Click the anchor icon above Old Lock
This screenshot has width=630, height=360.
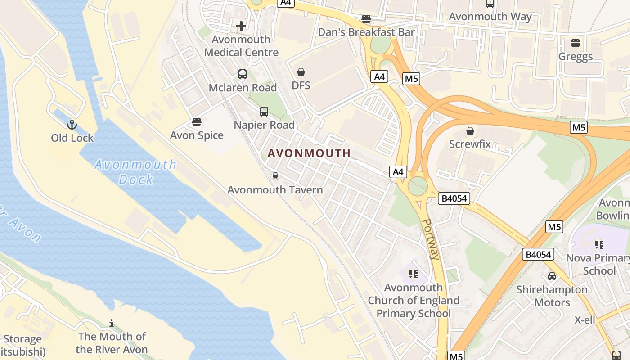[72, 125]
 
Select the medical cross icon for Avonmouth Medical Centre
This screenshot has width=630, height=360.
[241, 26]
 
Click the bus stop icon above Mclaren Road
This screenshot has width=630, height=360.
[243, 74]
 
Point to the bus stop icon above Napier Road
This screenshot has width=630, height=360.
[264, 112]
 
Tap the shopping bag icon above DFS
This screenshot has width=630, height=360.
[301, 72]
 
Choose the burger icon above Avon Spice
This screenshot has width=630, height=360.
[197, 122]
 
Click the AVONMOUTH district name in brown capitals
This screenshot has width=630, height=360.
[309, 153]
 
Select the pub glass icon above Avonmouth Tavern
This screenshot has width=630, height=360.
[275, 176]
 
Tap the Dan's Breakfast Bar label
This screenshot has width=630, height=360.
[366, 32]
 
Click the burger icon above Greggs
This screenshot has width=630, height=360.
[576, 43]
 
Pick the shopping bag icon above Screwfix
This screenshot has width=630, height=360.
[470, 131]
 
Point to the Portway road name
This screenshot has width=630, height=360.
[431, 239]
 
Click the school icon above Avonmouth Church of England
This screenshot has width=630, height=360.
[414, 274]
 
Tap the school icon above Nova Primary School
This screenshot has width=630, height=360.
[599, 245]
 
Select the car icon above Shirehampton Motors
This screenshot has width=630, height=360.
[552, 276]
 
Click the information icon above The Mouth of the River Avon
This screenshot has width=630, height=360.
[112, 323]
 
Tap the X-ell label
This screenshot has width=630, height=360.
[585, 320]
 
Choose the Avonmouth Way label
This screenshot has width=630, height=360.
[490, 17]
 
